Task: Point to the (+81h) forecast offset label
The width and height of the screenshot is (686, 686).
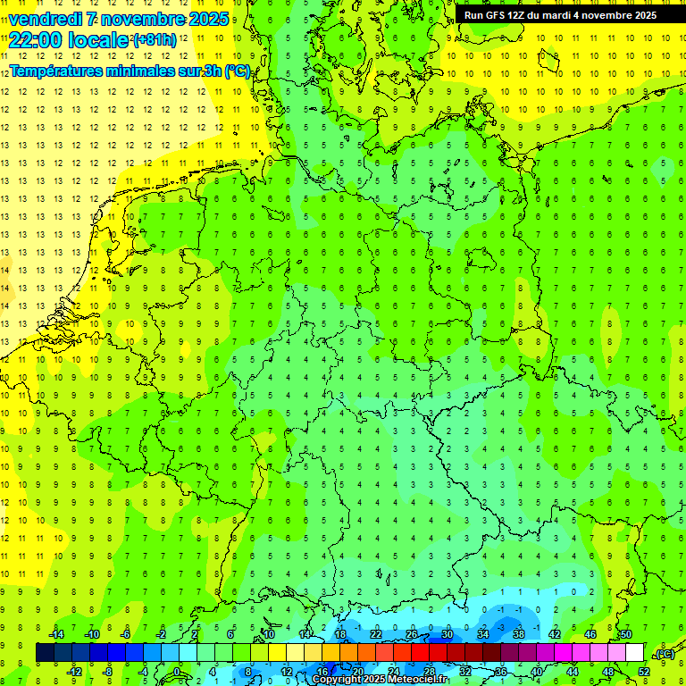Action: tap(154, 40)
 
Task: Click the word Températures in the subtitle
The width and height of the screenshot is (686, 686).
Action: tap(56, 71)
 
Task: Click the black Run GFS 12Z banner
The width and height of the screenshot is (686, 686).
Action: tap(560, 15)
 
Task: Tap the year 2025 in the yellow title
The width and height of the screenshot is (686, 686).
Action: tap(205, 19)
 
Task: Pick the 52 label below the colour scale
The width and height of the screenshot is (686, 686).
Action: tap(644, 671)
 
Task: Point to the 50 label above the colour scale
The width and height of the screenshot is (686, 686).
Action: tap(626, 634)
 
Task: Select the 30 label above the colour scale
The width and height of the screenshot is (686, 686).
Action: tap(448, 634)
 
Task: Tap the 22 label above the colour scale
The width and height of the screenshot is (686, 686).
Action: tap(376, 634)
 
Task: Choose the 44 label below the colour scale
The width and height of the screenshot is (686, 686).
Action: tap(573, 671)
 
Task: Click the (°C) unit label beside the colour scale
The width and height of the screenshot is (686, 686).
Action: tap(664, 655)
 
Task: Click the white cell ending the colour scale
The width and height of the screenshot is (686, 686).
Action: tap(635, 653)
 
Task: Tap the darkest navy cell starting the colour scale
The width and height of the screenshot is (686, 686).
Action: tap(46, 653)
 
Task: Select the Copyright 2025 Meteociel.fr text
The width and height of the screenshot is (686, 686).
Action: tap(380, 680)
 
